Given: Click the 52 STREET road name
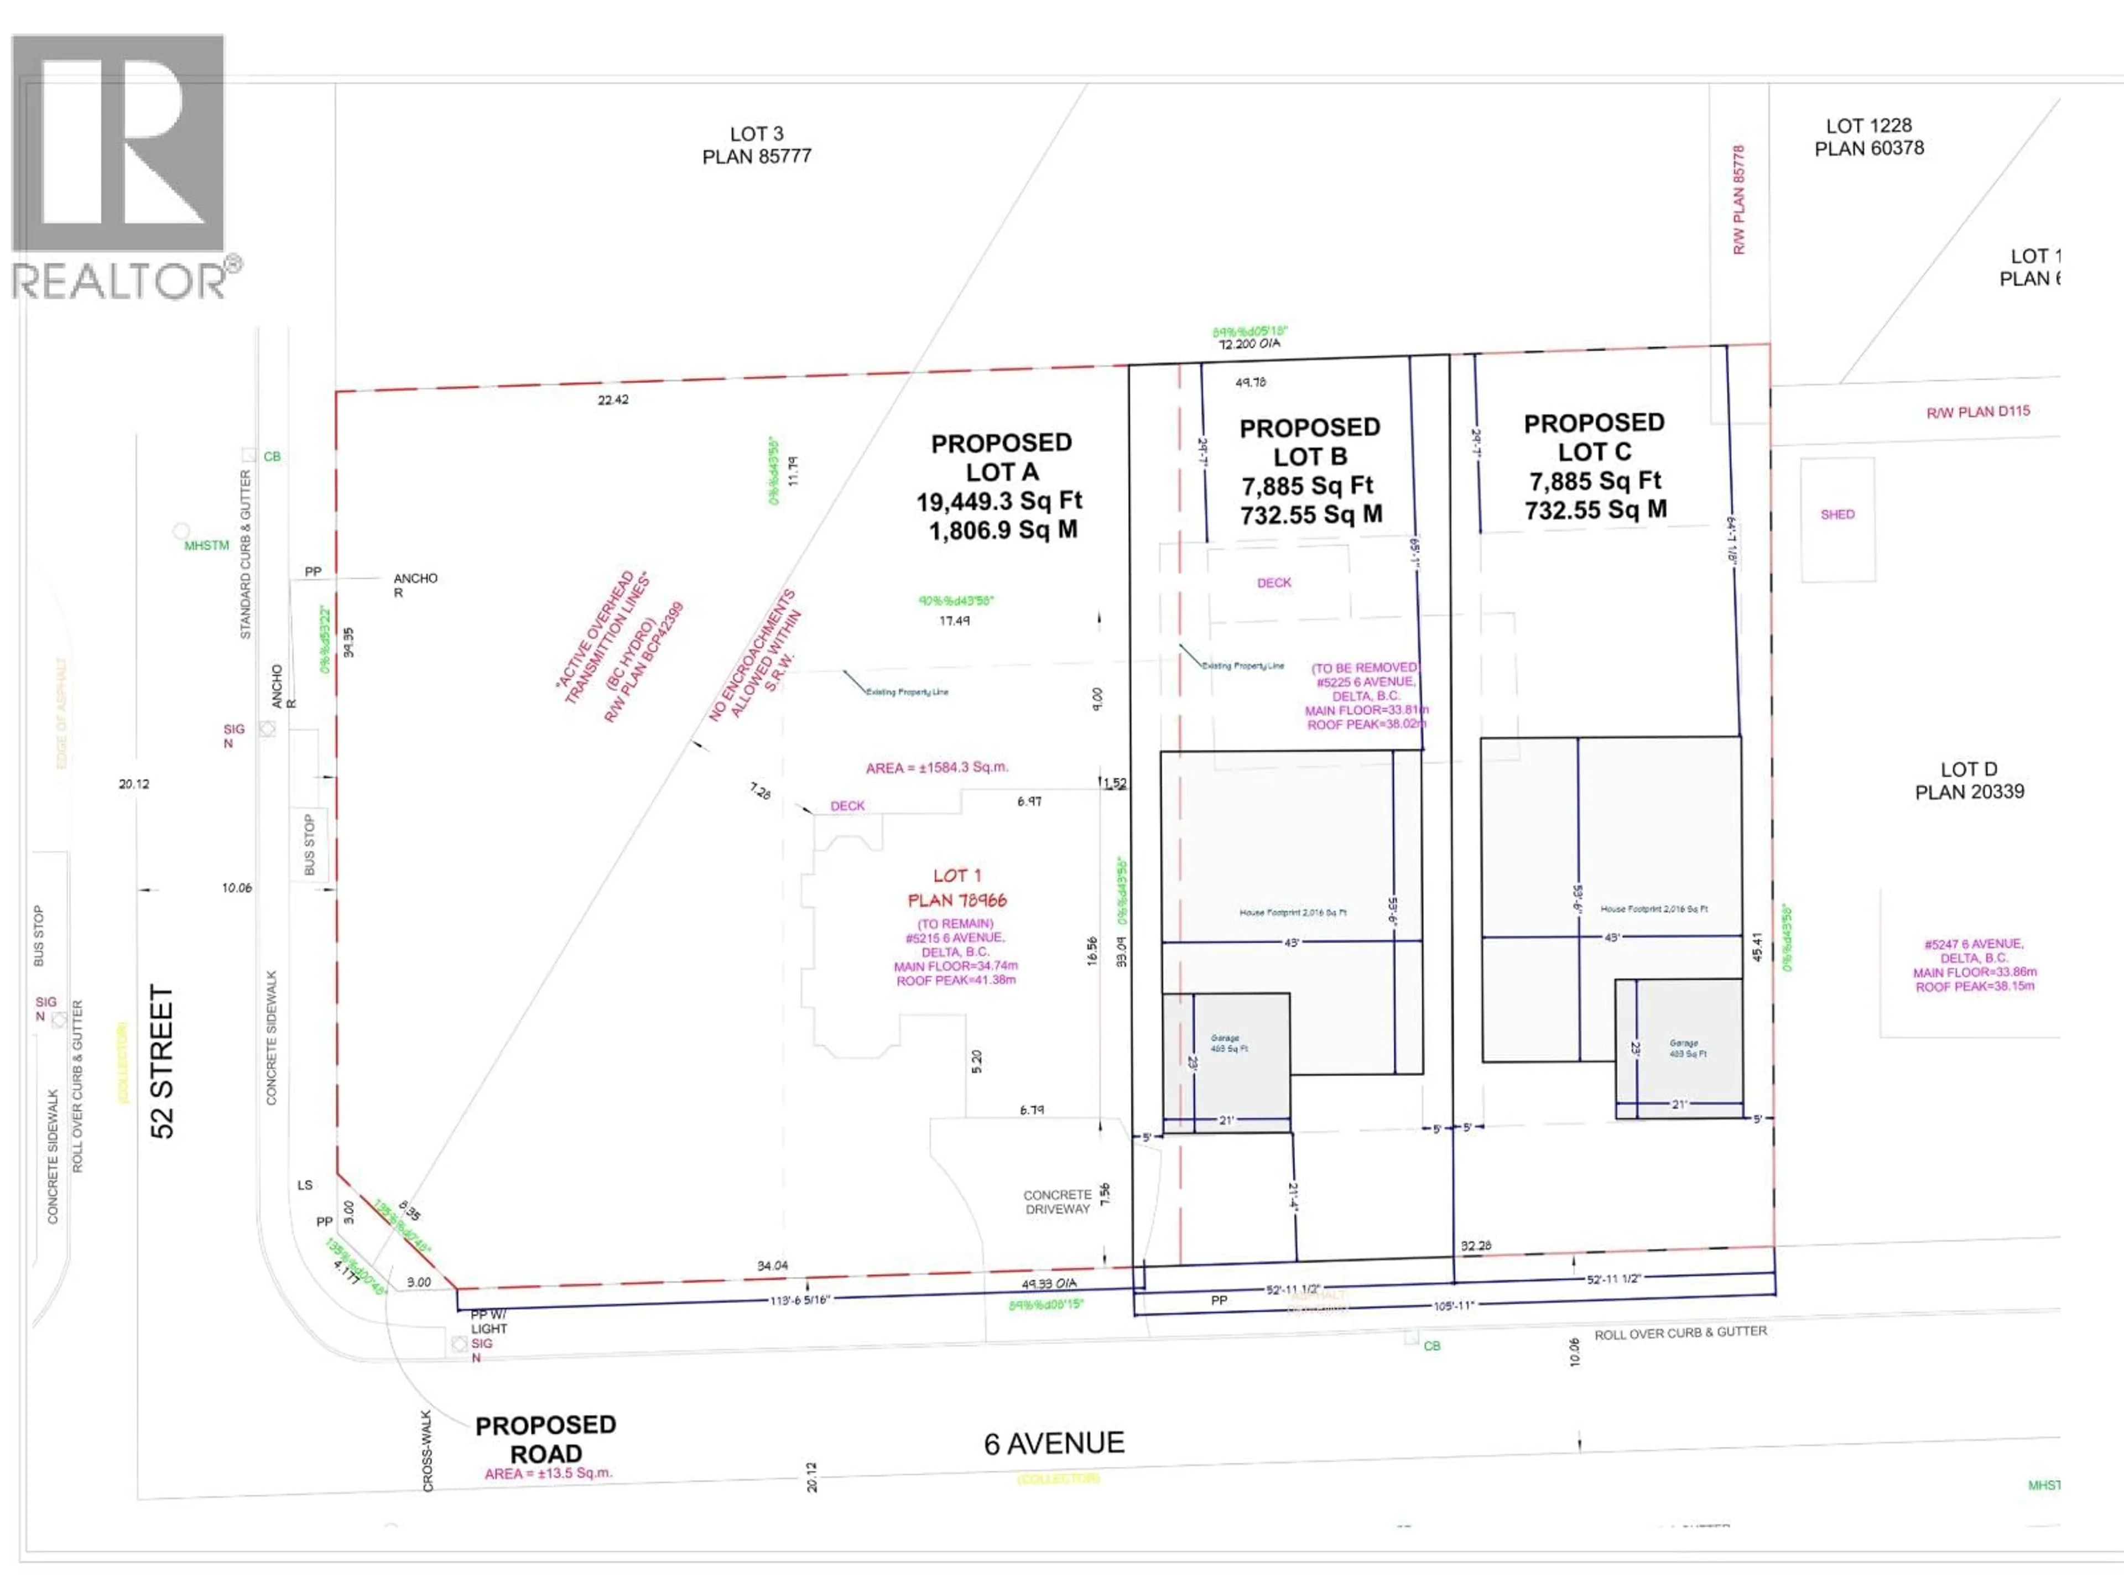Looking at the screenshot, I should pyautogui.click(x=162, y=1061).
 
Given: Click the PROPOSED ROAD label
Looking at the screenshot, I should pyautogui.click(x=545, y=1439).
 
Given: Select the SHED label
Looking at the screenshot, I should pyautogui.click(x=1837, y=514).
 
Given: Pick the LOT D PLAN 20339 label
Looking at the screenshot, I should pyautogui.click(x=1969, y=780).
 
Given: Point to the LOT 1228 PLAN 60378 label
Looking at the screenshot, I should pyautogui.click(x=1868, y=137).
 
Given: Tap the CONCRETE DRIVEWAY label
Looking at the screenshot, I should pyautogui.click(x=1056, y=1202).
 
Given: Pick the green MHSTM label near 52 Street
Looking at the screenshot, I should pyautogui.click(x=206, y=545).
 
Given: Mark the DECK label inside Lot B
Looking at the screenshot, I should pyautogui.click(x=1274, y=583).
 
